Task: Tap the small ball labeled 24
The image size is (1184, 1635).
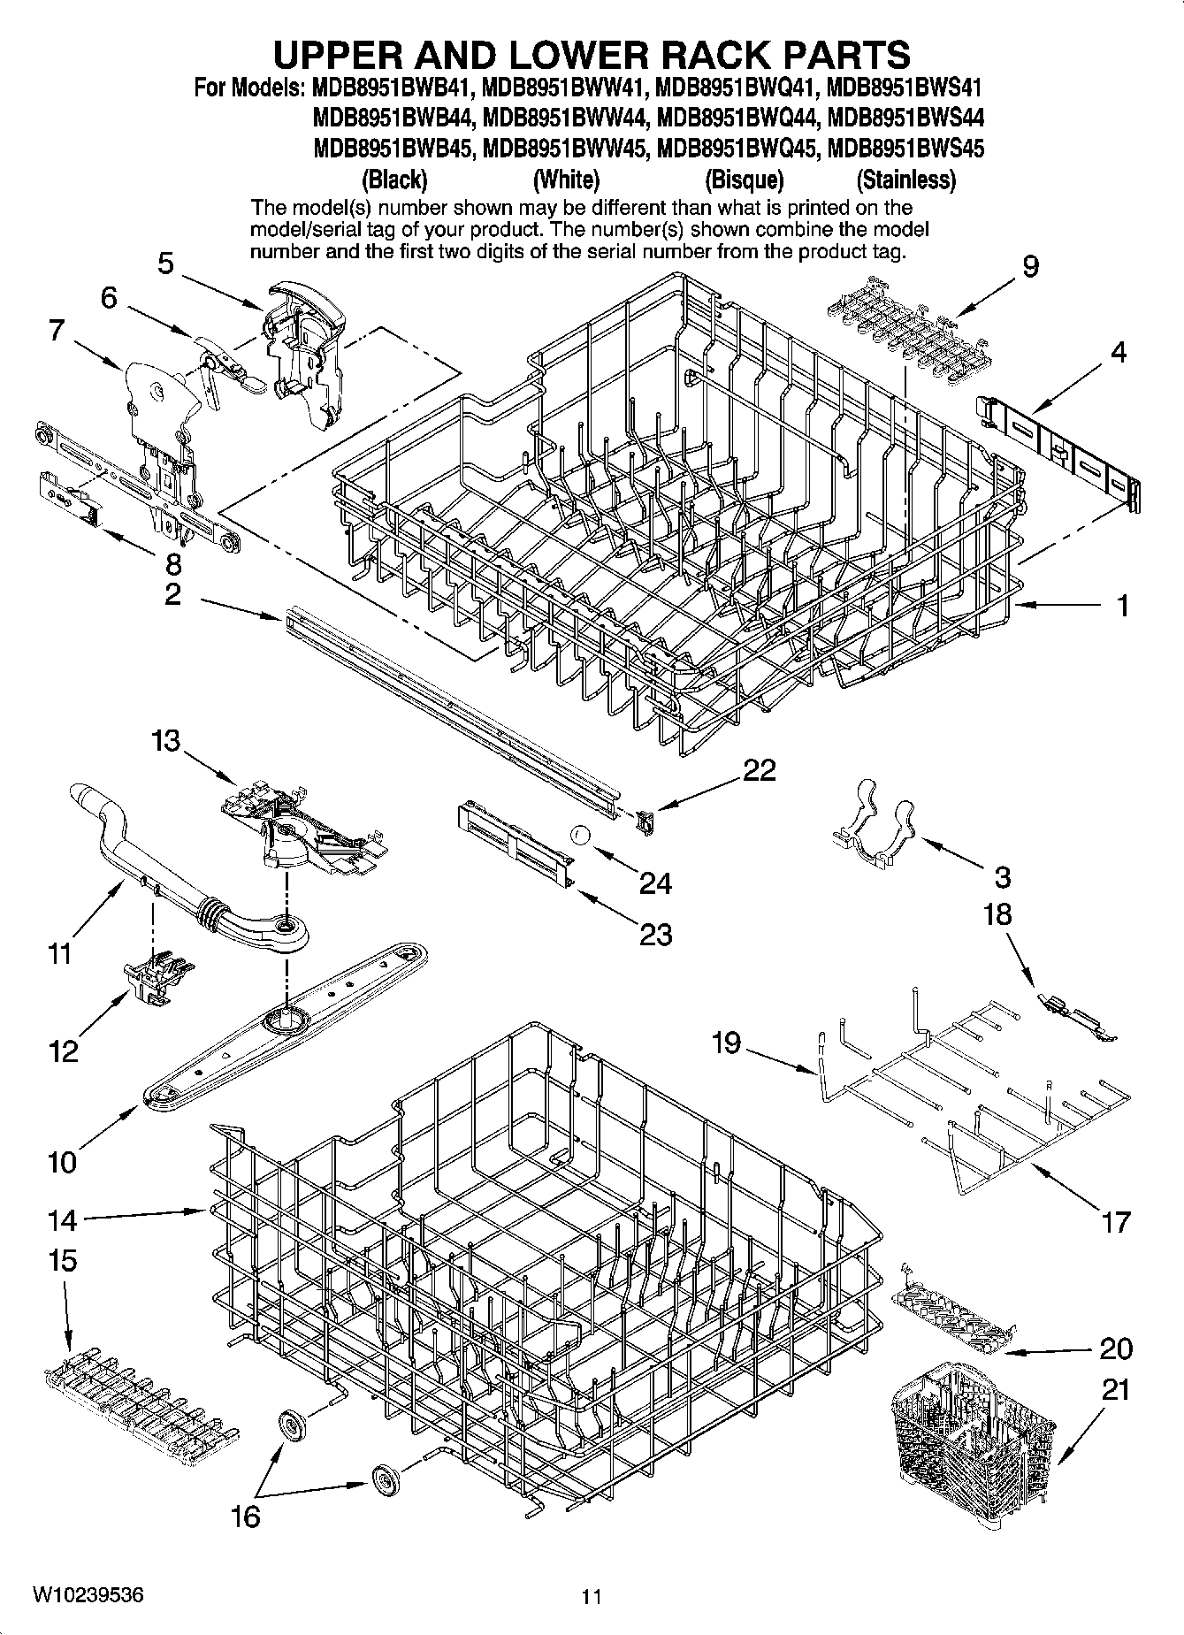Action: tap(579, 834)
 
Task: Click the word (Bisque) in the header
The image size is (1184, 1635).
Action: tap(744, 180)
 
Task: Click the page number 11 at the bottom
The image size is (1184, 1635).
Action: tap(592, 1597)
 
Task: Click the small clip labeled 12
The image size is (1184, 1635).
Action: tap(159, 980)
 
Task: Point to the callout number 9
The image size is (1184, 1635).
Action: tap(1030, 266)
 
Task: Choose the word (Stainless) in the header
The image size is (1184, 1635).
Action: tap(906, 180)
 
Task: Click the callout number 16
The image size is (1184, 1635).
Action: tap(245, 1517)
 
